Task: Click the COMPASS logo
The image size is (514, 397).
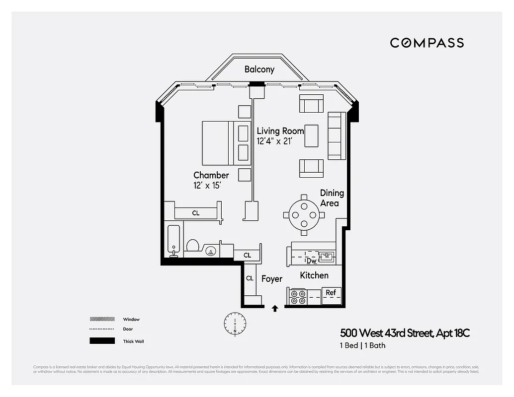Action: (x=427, y=43)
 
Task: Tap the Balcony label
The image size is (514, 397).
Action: (x=259, y=69)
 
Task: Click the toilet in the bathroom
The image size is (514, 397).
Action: (x=193, y=246)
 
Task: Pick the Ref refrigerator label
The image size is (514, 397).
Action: (x=331, y=292)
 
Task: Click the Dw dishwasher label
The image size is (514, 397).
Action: (x=311, y=260)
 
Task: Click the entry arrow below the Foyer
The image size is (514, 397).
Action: (x=274, y=309)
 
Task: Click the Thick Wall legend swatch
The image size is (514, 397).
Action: (x=99, y=341)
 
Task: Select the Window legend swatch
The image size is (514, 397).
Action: (x=99, y=319)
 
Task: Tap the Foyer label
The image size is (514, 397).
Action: (x=272, y=279)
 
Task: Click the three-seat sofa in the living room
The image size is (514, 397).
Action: (x=337, y=135)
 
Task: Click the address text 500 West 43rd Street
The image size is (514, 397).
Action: (x=382, y=333)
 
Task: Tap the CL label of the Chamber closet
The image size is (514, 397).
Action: (x=196, y=213)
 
